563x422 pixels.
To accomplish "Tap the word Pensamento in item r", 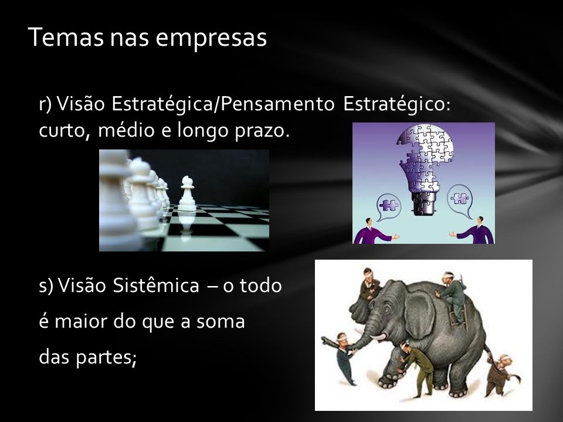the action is (277, 104).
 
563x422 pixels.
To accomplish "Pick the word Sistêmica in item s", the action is (156, 285).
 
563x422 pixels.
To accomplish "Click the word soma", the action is (221, 322).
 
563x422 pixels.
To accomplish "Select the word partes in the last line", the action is (106, 358).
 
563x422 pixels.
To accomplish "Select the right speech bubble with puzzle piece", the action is (461, 200).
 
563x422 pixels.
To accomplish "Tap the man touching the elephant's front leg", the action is (416, 368).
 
